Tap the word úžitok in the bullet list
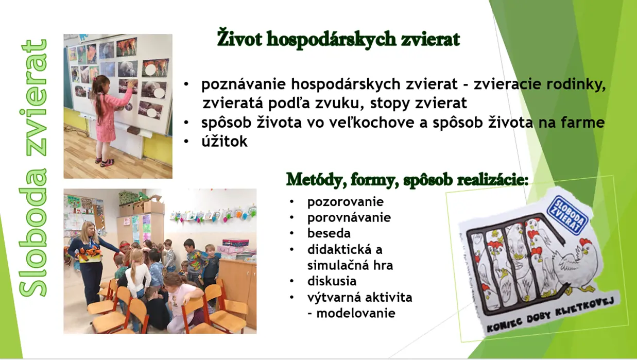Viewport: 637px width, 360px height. pos(225,141)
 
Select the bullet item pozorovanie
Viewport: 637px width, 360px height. pos(346,202)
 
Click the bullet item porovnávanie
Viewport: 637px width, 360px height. pos(349,218)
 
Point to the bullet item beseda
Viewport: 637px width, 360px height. pos(329,233)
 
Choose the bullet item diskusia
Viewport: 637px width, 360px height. pos(332,281)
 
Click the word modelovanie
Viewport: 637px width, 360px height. pos(356,313)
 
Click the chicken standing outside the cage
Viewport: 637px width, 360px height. pos(577,266)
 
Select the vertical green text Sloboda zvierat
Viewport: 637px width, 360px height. pos(33,168)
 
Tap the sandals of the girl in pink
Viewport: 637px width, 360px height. pos(104,161)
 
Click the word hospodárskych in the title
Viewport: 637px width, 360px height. pos(331,40)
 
